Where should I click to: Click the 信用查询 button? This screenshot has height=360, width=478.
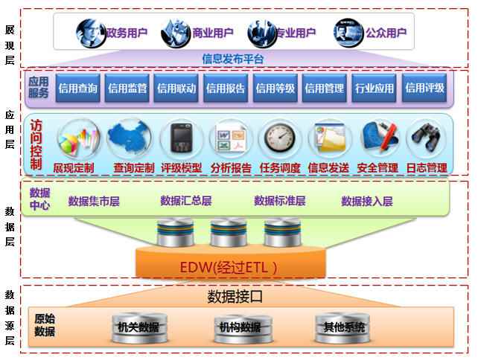[x=77, y=88]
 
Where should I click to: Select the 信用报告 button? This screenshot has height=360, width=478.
[x=226, y=88]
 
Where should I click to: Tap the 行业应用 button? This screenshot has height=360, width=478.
[x=375, y=88]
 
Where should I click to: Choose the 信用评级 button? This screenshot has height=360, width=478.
[x=424, y=88]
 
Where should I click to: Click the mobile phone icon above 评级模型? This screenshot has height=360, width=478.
[x=181, y=138]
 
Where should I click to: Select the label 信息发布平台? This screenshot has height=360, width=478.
[x=233, y=57]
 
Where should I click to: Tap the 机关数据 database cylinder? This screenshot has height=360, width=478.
[x=138, y=327]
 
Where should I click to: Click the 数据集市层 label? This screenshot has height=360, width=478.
[x=94, y=201]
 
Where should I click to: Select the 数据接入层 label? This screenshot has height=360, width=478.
[x=366, y=201]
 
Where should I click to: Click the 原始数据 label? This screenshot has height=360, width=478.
[x=45, y=325]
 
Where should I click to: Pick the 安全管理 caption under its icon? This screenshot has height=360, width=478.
[x=377, y=168]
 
